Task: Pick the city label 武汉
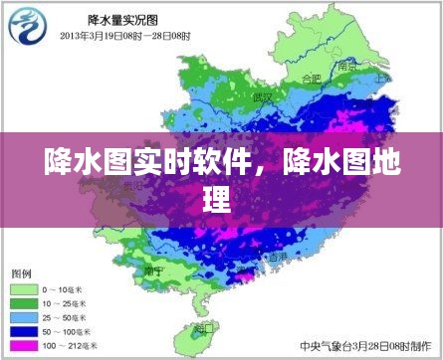[263, 96]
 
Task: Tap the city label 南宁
[153, 269]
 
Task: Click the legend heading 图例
[21, 271]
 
